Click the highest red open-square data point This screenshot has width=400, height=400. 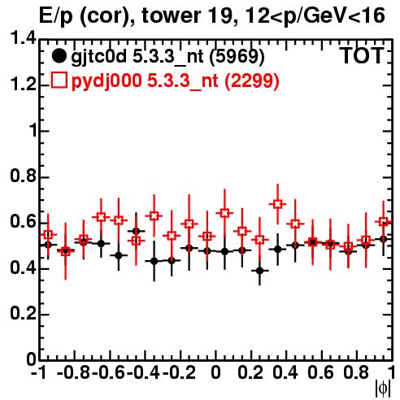277,204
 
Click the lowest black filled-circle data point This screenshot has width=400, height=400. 259,271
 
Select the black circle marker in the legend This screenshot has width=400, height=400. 59,56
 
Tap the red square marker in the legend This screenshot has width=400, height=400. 59,80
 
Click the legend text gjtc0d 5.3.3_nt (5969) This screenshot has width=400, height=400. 167,57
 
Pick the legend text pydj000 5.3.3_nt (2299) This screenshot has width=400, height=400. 176,81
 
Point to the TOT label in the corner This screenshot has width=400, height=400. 362,55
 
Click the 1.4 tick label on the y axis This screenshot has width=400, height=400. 23,39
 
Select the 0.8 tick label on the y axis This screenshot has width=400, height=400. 23,176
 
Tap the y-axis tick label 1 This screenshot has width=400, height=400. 33,131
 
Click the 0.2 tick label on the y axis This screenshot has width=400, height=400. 23,314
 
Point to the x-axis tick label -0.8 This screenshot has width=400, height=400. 74,372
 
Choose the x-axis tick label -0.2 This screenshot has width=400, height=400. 179,372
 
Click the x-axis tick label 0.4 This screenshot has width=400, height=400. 285,372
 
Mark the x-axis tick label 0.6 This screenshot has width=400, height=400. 320,372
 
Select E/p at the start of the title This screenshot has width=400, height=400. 56,16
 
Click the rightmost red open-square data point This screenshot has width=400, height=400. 383,222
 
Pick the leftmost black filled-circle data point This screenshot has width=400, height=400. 48,245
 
